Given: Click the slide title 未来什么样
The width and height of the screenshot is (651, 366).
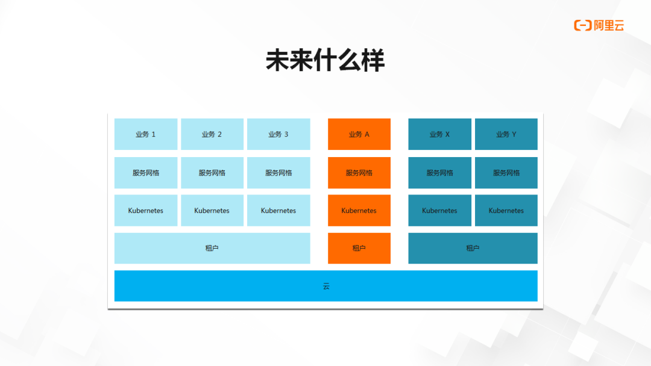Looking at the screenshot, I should [325, 61].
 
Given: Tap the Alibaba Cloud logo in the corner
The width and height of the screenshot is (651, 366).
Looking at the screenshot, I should [599, 25].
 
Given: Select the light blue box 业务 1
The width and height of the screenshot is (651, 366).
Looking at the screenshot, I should [146, 134].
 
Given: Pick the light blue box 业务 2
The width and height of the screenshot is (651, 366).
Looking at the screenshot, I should [212, 134].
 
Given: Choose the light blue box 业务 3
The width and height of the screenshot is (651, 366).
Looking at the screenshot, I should [278, 134].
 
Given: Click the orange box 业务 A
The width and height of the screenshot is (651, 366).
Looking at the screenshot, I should [359, 134].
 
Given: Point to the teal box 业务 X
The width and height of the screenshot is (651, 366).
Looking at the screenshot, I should [439, 134].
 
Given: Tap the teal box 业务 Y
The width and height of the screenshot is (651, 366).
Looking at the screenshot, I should [506, 134].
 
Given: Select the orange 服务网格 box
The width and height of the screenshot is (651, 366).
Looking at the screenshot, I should [359, 173].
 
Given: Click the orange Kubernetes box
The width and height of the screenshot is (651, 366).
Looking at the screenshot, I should [359, 211].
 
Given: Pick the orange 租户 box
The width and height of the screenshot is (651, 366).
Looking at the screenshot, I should [359, 248].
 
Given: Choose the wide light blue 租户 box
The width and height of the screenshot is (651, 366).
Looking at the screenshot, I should [212, 248].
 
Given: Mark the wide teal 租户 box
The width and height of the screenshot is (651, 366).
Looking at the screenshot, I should [473, 248].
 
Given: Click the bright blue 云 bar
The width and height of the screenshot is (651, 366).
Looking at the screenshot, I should [325, 286].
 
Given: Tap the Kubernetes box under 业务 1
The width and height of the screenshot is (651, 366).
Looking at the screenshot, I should [146, 211].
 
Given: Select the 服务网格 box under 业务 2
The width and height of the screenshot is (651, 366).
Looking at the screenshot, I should [212, 173].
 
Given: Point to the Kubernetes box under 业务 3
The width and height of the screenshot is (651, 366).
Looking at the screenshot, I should [278, 211].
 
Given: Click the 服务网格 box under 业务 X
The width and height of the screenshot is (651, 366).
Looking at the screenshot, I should [439, 173].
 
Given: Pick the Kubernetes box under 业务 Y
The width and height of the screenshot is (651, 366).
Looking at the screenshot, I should [506, 211].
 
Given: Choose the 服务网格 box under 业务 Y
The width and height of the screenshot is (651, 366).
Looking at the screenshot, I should [506, 173].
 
